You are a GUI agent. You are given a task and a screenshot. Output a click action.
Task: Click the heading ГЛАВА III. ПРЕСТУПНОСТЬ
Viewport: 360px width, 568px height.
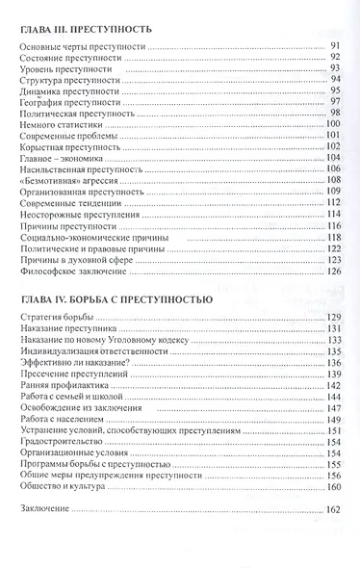85,30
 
